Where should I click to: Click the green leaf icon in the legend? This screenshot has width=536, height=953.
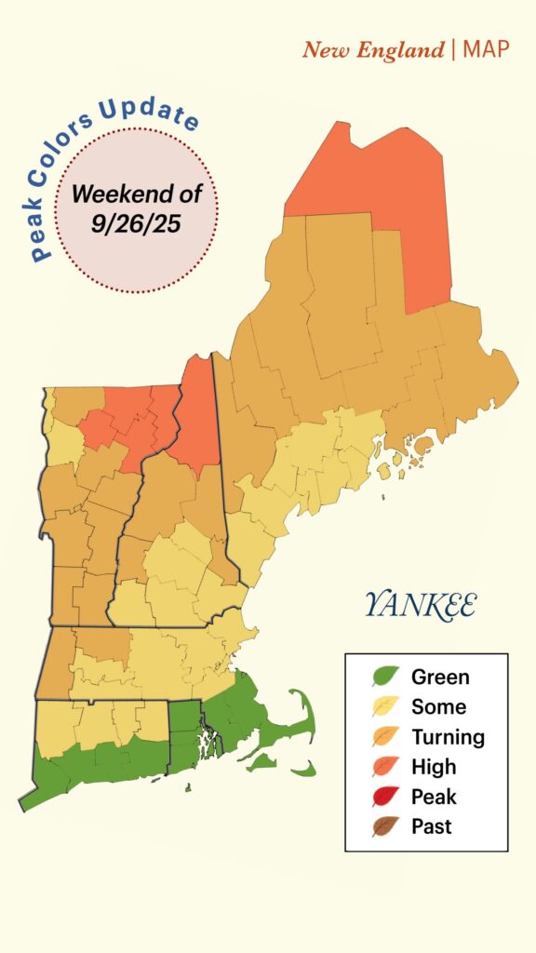[386, 678]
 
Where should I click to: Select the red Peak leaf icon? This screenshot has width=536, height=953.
[386, 797]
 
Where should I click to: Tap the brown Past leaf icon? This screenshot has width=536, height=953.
[386, 826]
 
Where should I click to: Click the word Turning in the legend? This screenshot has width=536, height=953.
[448, 737]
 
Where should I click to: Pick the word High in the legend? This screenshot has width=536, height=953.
[434, 767]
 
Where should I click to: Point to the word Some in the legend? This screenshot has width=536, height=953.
[438, 707]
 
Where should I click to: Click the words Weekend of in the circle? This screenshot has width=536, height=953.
[136, 195]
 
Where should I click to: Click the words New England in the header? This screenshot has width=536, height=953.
[373, 49]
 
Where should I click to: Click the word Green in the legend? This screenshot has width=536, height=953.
[440, 678]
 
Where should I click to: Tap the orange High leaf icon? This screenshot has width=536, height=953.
[386, 767]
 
